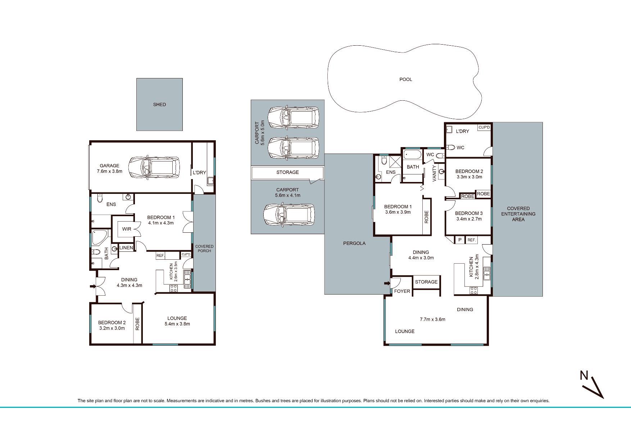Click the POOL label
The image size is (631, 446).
point(406,79)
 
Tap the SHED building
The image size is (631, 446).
point(159,104)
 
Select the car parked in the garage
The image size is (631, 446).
point(154,167)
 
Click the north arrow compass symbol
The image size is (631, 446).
point(592,386)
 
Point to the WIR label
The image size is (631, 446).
point(127,229)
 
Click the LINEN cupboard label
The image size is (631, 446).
point(126,248)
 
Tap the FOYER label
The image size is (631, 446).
point(402,291)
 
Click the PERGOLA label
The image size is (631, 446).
point(354,244)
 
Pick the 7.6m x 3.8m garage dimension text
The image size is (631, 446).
point(110,172)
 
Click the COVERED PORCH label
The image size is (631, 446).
point(204,249)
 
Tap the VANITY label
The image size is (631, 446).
point(434,173)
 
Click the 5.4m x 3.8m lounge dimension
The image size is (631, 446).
point(177,324)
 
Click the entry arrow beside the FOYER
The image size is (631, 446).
point(387,283)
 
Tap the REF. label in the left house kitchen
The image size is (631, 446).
point(160,256)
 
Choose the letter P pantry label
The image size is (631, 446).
point(460,240)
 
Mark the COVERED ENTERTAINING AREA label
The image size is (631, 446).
point(518,214)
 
